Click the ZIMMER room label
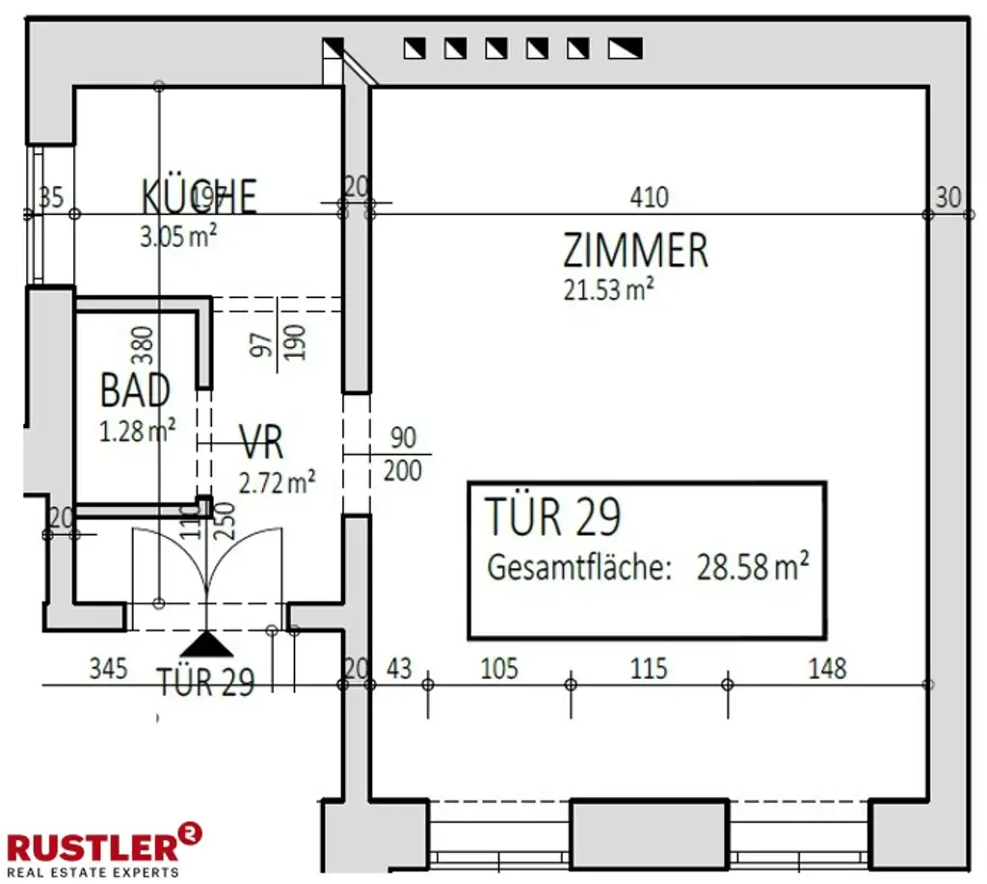[635, 251]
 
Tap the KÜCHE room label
[200, 196]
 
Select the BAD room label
[135, 391]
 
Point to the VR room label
[261, 444]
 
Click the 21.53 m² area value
[609, 289]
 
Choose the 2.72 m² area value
[277, 481]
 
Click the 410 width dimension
[649, 198]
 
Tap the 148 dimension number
[827, 667]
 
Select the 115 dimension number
[649, 667]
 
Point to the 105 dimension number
[498, 667]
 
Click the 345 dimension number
[108, 667]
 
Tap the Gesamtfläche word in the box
[578, 567]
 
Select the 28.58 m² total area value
[752, 567]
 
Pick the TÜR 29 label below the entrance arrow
[206, 683]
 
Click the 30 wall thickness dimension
[948, 198]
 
